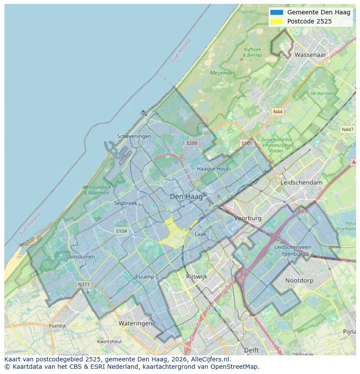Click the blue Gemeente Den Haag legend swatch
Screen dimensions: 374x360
click(276, 12)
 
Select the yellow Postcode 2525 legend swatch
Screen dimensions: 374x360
click(276, 21)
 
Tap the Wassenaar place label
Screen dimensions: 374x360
click(310, 55)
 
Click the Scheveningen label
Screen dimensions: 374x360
click(134, 136)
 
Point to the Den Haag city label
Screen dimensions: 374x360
click(186, 197)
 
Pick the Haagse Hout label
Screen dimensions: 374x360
click(213, 169)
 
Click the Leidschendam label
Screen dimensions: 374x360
click(302, 182)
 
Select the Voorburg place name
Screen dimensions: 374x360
click(248, 218)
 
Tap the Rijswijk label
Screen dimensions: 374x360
click(197, 276)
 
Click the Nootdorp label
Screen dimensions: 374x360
click(299, 281)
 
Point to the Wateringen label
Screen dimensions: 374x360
click(135, 323)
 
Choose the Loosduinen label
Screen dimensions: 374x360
click(80, 257)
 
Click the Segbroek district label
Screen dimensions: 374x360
click(125, 203)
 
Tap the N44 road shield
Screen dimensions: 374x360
click(277, 112)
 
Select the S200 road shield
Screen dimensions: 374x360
click(191, 143)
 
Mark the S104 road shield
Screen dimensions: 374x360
click(121, 231)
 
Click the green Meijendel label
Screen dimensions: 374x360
click(222, 73)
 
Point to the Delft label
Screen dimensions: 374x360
click(251, 350)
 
